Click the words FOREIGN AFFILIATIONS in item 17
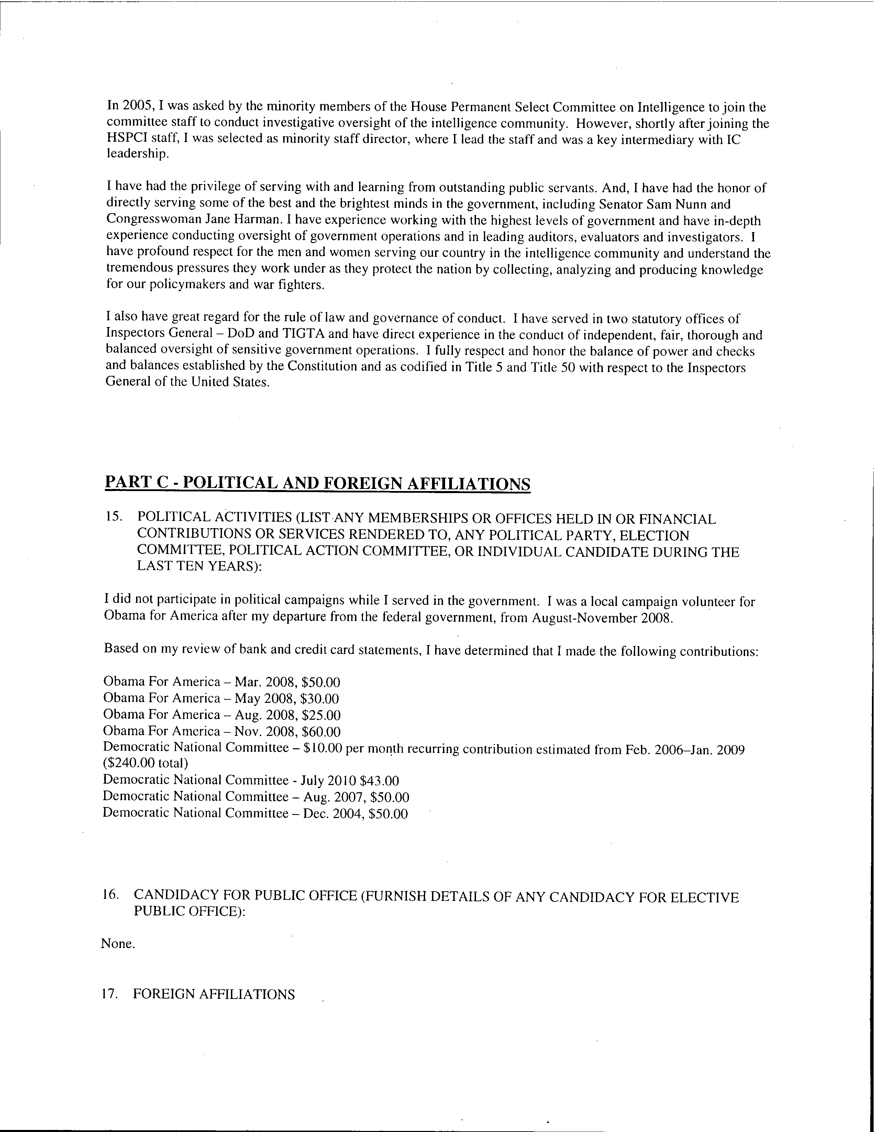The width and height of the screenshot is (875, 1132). click(214, 994)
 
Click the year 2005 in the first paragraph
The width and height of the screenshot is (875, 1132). click(134, 107)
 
